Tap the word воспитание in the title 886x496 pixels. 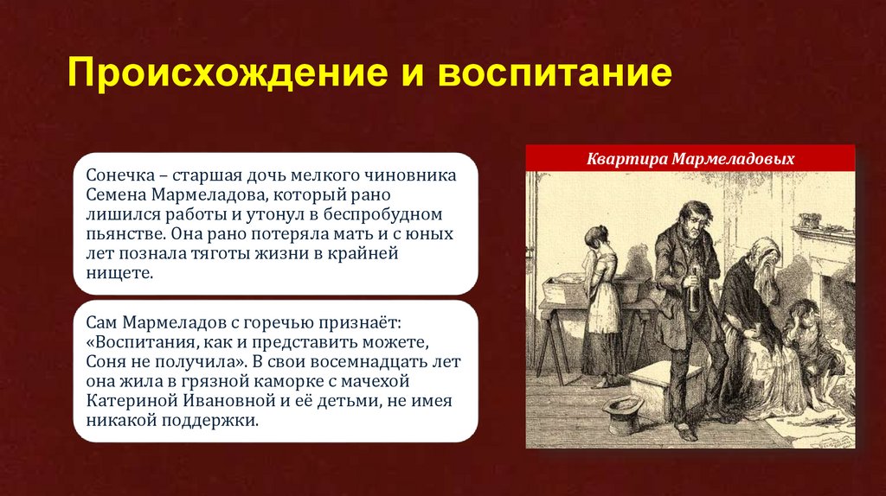pos(555,74)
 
